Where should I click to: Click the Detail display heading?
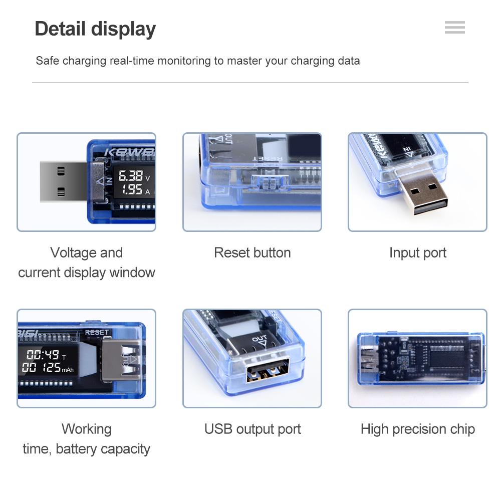pyautogui.click(x=95, y=29)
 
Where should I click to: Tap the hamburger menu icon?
pyautogui.click(x=454, y=28)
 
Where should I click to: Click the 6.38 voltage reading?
pyautogui.click(x=130, y=176)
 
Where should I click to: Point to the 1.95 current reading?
pyautogui.click(x=132, y=189)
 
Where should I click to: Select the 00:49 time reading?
pyautogui.click(x=43, y=355)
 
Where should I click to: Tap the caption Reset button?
pyautogui.click(x=252, y=253)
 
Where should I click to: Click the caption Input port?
pyautogui.click(x=417, y=253)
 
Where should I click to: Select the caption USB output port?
pyautogui.click(x=252, y=429)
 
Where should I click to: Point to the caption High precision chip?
pyautogui.click(x=417, y=429)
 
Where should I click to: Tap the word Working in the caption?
pyautogui.click(x=86, y=429)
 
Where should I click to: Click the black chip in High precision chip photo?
pyautogui.click(x=447, y=358)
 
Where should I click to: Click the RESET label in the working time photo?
pyautogui.click(x=96, y=332)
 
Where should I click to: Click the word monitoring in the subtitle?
pyautogui.click(x=184, y=61)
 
